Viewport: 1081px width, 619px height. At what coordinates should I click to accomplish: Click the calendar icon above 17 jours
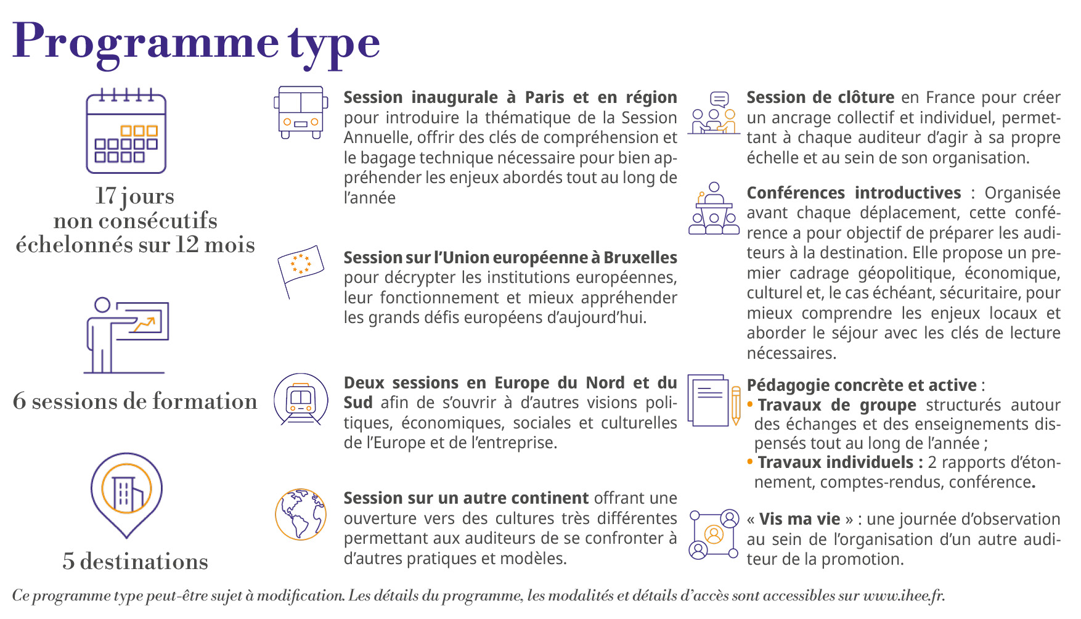tap(126, 131)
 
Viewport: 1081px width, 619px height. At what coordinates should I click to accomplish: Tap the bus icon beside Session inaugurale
tap(300, 112)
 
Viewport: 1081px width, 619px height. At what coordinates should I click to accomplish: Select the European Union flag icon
tap(300, 266)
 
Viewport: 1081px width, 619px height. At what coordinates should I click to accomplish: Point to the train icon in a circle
tap(301, 400)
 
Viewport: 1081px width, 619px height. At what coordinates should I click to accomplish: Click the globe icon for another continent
tap(300, 514)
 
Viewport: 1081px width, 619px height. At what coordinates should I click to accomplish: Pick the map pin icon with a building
tap(126, 493)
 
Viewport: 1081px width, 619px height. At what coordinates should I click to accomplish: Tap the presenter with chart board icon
tap(126, 335)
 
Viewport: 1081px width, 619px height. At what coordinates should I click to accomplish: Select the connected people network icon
tap(714, 534)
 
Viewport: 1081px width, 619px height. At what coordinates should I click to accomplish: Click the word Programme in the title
tap(145, 42)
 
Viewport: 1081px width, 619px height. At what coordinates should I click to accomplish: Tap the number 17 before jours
tap(105, 196)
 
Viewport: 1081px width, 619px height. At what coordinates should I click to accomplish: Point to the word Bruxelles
tap(640, 258)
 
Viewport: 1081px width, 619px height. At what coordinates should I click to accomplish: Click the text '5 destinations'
tap(135, 562)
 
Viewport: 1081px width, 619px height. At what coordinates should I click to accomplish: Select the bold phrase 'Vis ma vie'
tap(799, 519)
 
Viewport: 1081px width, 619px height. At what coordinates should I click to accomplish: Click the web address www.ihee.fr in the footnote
tap(903, 596)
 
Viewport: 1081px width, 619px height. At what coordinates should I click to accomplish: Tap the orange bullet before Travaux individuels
tap(750, 462)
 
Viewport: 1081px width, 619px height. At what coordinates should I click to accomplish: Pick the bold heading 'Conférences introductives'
tap(854, 193)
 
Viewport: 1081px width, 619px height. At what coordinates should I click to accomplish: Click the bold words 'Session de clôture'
tap(820, 97)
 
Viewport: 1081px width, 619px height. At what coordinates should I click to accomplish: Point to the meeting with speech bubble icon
tap(714, 113)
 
